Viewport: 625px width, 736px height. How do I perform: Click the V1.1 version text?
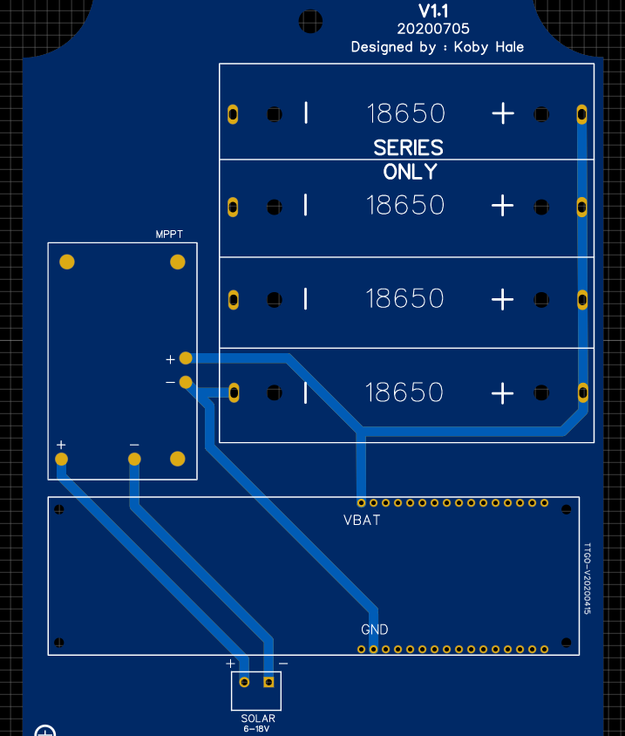click(x=433, y=11)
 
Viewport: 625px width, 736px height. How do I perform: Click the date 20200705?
click(x=433, y=29)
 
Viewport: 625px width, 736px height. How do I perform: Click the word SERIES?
click(x=408, y=148)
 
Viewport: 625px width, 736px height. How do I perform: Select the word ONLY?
click(x=410, y=172)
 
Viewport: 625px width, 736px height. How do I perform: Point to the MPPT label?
click(x=169, y=235)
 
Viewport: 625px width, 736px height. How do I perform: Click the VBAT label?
click(x=362, y=520)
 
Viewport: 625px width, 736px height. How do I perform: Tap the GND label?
click(x=375, y=630)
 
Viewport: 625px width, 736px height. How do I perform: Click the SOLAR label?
click(x=258, y=719)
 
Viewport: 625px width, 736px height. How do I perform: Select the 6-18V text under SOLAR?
click(x=256, y=729)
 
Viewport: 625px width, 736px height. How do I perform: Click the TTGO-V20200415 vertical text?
click(x=587, y=579)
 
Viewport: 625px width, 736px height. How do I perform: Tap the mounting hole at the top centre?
click(x=310, y=21)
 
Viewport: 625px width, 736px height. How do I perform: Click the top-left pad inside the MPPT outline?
click(x=67, y=262)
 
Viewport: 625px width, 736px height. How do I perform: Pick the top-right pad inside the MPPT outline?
click(x=177, y=262)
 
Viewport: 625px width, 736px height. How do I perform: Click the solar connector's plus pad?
click(x=244, y=682)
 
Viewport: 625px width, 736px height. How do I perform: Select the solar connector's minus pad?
click(x=268, y=682)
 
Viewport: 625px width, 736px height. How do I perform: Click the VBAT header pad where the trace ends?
click(x=361, y=503)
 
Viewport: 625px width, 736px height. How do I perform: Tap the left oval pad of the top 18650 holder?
click(x=233, y=114)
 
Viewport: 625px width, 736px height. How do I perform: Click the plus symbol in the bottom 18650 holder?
click(x=503, y=393)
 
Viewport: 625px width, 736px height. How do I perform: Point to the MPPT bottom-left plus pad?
click(x=62, y=459)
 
